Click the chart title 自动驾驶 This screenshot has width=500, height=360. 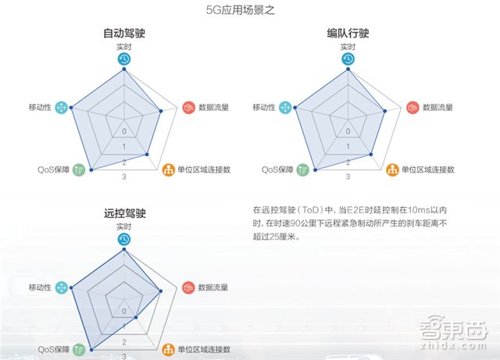coord(124,34)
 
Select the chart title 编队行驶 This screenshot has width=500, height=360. coord(348,34)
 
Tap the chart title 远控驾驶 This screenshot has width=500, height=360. coord(124,212)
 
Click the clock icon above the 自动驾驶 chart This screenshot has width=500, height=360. coord(124,59)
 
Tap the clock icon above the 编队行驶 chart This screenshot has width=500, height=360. coord(348,59)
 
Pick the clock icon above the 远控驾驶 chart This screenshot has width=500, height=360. coord(124,239)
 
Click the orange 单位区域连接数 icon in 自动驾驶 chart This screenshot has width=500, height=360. coord(170,169)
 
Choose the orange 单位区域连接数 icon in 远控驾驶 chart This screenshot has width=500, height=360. coord(170,349)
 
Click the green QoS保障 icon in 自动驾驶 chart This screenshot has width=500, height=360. coord(79,169)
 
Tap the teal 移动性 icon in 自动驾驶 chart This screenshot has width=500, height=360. coord(62,107)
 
